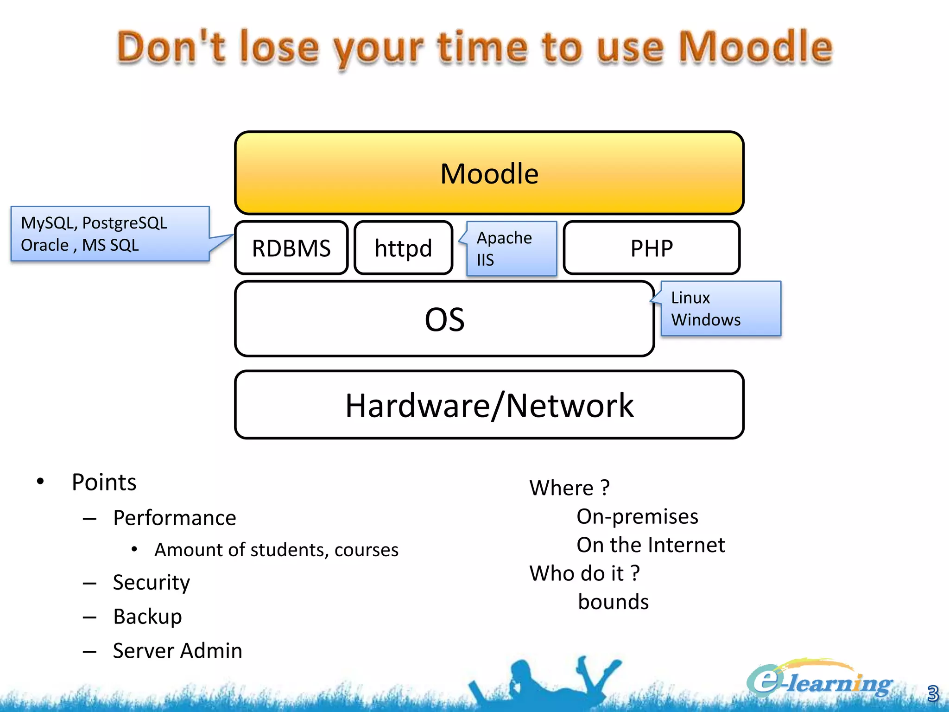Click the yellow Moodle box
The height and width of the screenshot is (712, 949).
click(x=489, y=173)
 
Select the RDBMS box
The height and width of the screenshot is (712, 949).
click(x=291, y=248)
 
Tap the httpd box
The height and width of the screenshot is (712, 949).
click(x=403, y=248)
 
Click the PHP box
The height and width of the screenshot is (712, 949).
click(x=651, y=248)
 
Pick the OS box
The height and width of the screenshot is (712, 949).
click(x=444, y=319)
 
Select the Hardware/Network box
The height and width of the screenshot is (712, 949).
click(x=489, y=405)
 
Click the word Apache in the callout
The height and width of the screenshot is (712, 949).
click(x=504, y=238)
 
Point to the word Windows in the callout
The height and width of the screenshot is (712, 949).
click(x=706, y=320)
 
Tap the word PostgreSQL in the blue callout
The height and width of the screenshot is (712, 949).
click(x=124, y=223)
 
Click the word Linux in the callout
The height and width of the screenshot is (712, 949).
click(x=690, y=298)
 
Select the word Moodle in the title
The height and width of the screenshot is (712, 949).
click(x=755, y=47)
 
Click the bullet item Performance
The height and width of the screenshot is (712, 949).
click(x=174, y=518)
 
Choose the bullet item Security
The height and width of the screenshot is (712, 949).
click(x=152, y=582)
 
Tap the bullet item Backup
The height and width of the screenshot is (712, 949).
click(x=147, y=617)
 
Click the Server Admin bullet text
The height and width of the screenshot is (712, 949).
click(x=177, y=651)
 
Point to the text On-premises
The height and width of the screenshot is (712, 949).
click(x=637, y=516)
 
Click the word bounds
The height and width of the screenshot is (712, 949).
click(x=613, y=602)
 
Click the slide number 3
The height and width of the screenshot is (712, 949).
click(x=932, y=693)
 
